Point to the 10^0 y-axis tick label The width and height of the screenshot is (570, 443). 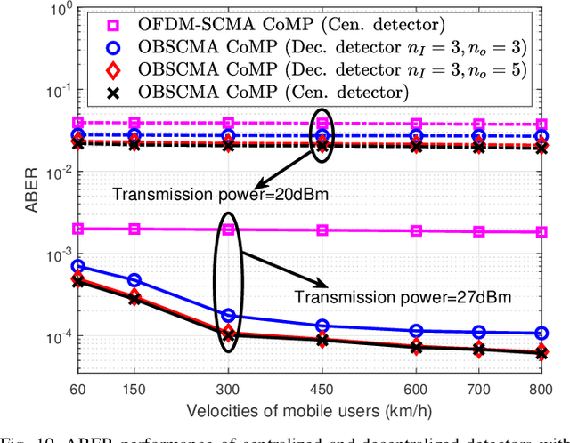[x=59, y=11]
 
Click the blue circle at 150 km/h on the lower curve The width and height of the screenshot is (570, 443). [x=133, y=280]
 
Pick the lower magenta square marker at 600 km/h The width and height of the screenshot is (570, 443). [x=416, y=231]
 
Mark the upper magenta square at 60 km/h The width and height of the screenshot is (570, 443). [x=78, y=123]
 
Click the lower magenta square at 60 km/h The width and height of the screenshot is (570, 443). [x=78, y=229]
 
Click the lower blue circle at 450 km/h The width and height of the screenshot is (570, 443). [x=322, y=326]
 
